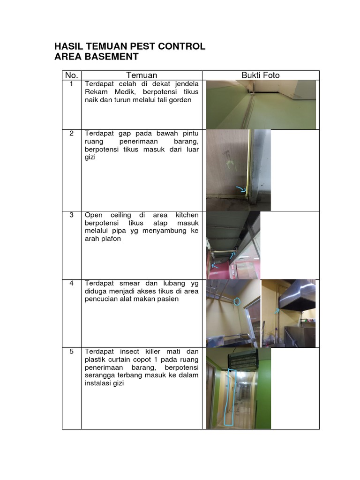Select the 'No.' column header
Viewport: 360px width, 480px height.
pyautogui.click(x=71, y=75)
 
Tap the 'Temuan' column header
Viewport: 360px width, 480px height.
pyautogui.click(x=142, y=75)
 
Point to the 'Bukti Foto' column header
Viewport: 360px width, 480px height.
pyautogui.click(x=261, y=75)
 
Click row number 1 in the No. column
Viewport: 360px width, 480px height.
pyautogui.click(x=71, y=84)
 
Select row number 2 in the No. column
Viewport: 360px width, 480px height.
pyautogui.click(x=71, y=133)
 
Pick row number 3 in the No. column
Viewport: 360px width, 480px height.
pyautogui.click(x=71, y=215)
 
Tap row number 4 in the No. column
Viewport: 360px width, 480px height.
pyautogui.click(x=71, y=283)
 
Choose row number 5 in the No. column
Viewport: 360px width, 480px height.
pyautogui.click(x=71, y=352)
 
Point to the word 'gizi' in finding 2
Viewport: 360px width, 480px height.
pyautogui.click(x=90, y=158)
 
